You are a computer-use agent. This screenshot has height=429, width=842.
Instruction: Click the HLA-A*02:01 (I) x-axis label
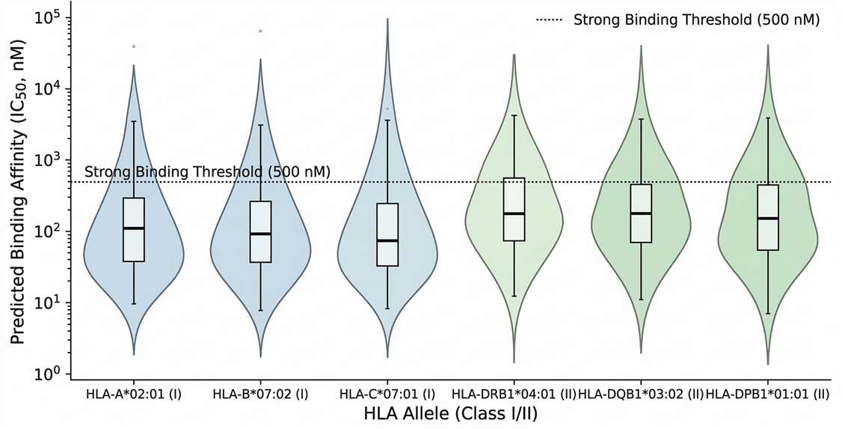134,393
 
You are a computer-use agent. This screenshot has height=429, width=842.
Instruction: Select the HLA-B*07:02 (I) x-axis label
260,393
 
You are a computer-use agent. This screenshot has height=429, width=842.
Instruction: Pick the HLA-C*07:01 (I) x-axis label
387,393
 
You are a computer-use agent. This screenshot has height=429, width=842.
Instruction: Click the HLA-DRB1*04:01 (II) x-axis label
514,393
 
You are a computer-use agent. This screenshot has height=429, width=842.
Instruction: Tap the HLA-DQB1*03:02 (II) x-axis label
641,393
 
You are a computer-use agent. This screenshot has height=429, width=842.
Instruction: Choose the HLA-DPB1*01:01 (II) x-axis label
768,393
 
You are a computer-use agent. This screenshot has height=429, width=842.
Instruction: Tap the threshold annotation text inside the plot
207,172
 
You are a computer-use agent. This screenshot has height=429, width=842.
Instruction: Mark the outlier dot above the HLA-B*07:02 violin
260,31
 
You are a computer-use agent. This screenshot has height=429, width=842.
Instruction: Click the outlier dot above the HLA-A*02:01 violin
134,46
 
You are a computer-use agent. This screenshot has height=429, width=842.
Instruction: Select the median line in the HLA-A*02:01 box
134,228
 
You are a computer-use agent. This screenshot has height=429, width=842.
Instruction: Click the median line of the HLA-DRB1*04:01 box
514,213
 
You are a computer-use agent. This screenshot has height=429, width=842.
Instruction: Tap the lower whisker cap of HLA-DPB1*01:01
768,313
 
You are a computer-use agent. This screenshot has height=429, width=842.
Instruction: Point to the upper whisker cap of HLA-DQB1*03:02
641,119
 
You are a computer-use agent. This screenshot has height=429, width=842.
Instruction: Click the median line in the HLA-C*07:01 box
387,240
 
